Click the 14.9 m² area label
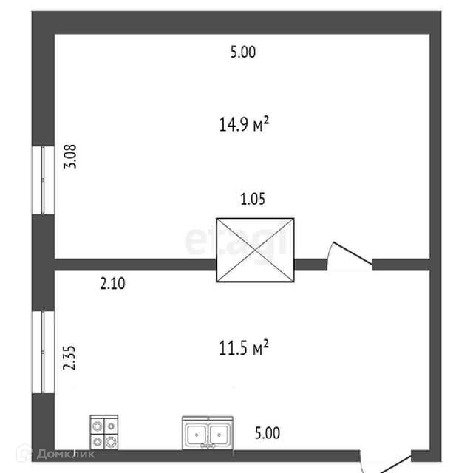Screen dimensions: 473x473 (x=242, y=124)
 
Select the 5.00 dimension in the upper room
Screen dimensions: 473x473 (x=242, y=52)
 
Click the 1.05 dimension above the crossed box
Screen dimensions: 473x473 (x=252, y=199)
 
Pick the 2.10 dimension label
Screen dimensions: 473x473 (x=113, y=281)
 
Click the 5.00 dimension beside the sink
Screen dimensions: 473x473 (x=267, y=433)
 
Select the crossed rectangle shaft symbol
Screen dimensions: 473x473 (x=255, y=250)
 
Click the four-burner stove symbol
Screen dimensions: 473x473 (x=104, y=432)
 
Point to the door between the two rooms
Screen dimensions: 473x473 (x=349, y=256)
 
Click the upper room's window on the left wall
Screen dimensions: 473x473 (x=43, y=180)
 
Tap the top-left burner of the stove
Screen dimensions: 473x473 (x=98, y=425)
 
